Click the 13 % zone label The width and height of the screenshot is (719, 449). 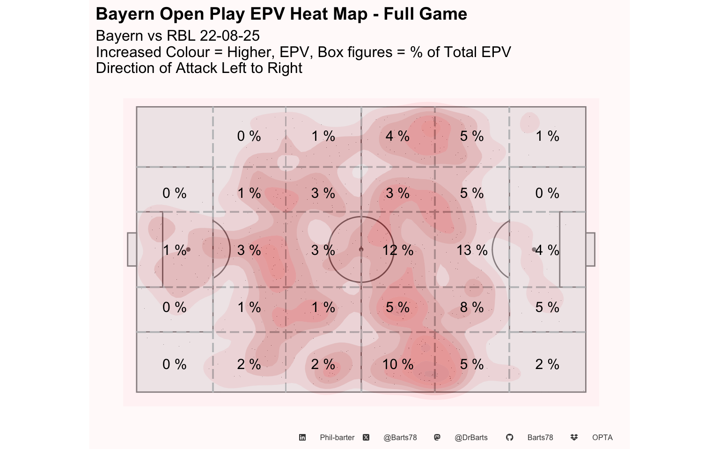pyautogui.click(x=472, y=250)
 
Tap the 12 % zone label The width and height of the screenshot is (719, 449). pyautogui.click(x=398, y=250)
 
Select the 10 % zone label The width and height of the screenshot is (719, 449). pyautogui.click(x=398, y=364)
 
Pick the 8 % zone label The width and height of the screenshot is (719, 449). pyautogui.click(x=472, y=307)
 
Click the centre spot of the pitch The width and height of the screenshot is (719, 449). pyautogui.click(x=361, y=249)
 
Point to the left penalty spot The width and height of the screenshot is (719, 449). pyautogui.click(x=189, y=249)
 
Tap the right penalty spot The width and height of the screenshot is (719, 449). pyautogui.click(x=534, y=249)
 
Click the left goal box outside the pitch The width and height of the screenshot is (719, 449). pyautogui.click(x=132, y=249)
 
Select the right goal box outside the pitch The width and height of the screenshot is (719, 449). pyautogui.click(x=591, y=249)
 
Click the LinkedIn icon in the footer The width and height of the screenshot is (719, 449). pyautogui.click(x=302, y=437)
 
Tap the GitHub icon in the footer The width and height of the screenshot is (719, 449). pyautogui.click(x=509, y=437)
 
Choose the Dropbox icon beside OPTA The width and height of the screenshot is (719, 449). pyautogui.click(x=574, y=437)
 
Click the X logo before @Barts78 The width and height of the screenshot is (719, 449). pyautogui.click(x=366, y=437)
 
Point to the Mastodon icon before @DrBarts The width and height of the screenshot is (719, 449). pyautogui.click(x=437, y=437)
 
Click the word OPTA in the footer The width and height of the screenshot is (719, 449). pyautogui.click(x=602, y=438)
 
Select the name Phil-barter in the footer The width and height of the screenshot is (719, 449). pyautogui.click(x=337, y=438)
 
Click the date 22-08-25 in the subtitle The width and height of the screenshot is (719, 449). pyautogui.click(x=229, y=36)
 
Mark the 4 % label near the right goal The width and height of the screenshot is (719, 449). pyautogui.click(x=547, y=250)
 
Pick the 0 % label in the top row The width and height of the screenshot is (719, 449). pyautogui.click(x=249, y=136)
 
